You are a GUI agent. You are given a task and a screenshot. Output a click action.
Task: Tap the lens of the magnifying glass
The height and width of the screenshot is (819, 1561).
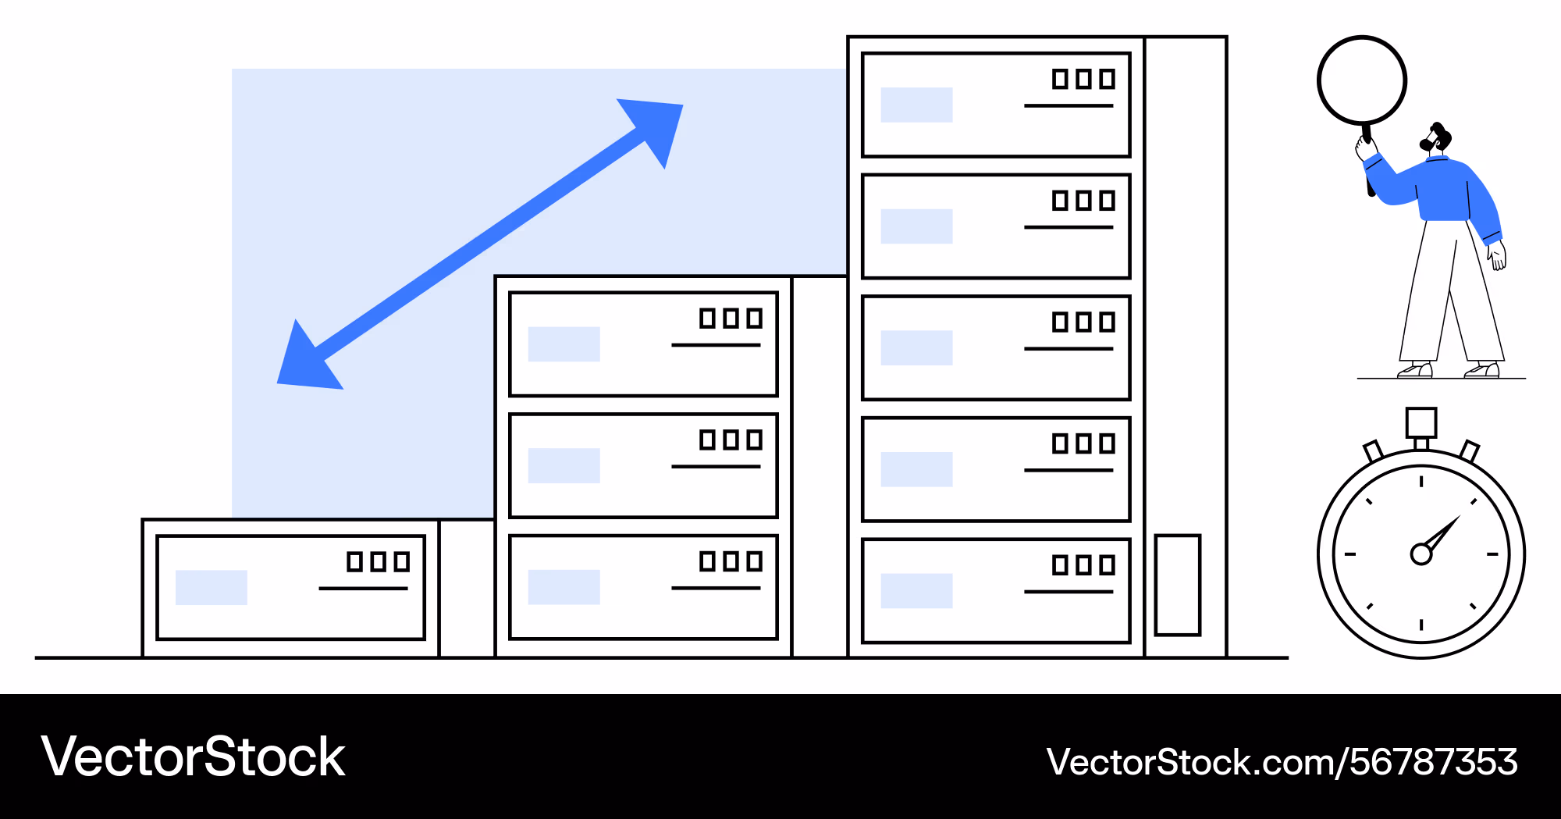[1362, 80]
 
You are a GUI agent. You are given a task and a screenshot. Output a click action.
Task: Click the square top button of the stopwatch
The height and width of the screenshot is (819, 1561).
[1421, 422]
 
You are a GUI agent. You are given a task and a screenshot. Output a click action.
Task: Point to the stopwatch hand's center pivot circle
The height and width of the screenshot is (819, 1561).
[1421, 554]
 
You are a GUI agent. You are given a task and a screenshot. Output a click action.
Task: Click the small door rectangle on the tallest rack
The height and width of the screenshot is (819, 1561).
[1178, 585]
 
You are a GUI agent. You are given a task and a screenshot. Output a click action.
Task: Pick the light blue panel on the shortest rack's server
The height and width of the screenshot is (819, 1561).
[212, 587]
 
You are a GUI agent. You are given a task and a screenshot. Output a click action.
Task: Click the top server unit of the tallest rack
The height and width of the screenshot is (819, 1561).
[996, 105]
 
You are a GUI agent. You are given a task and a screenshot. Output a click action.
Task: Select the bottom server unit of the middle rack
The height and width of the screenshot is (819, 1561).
[643, 587]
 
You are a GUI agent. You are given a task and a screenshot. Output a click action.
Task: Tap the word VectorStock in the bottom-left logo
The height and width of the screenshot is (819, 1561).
[193, 757]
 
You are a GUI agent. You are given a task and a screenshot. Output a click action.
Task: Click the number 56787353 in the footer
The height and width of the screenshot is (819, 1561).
[1434, 762]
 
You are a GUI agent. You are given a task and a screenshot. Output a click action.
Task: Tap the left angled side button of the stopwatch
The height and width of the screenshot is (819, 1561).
[1373, 451]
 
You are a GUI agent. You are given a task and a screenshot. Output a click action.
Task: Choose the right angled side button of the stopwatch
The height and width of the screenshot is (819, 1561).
[1470, 451]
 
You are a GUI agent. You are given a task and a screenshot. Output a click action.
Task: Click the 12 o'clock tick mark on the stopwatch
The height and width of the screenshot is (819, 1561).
[1421, 481]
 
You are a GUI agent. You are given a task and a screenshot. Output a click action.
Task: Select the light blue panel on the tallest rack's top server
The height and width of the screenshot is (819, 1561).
[916, 105]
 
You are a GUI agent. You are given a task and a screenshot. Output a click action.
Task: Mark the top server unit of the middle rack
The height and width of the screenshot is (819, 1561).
[643, 344]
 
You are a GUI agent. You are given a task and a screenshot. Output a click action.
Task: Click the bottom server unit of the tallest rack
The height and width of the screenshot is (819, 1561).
[996, 591]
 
